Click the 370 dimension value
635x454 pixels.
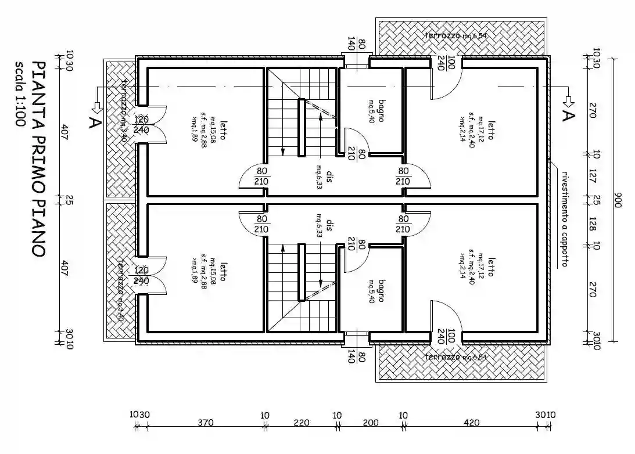click(206, 422)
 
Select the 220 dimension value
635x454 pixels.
click(301, 422)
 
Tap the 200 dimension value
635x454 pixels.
click(370, 422)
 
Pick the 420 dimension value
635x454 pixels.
click(472, 422)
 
